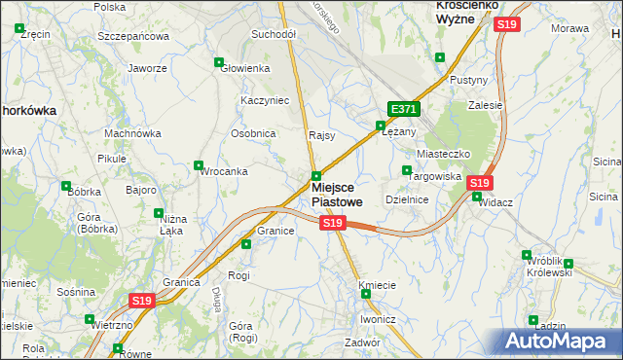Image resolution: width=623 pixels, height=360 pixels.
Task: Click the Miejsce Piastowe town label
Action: tap(337, 194)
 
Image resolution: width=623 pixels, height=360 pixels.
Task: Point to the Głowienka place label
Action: tap(245, 68)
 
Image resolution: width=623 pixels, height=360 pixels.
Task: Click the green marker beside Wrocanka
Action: tap(200, 165)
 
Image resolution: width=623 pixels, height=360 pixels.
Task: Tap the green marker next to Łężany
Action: tap(381, 125)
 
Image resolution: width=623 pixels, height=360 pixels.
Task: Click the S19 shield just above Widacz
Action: tap(478, 182)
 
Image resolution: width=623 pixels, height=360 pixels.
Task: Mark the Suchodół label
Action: tap(274, 34)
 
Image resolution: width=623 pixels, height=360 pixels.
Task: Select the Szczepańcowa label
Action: tap(133, 35)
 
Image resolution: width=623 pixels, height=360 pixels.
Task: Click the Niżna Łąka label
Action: tap(172, 225)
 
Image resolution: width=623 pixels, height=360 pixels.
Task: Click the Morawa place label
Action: tap(570, 28)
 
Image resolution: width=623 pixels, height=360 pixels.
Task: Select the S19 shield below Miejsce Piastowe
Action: tap(333, 224)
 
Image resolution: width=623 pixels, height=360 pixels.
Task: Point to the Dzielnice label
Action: tap(408, 198)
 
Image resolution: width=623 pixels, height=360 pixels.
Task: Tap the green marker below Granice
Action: tap(246, 243)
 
